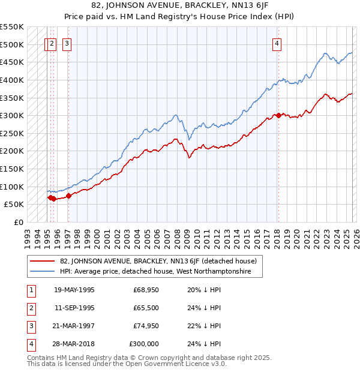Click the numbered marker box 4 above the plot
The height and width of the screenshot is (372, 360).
coord(277,43)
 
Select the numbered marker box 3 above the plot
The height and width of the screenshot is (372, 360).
coord(67,43)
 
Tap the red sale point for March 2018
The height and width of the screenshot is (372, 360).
coord(278,116)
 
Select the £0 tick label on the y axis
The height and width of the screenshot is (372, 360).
coord(18,222)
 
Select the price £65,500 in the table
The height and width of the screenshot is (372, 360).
coord(146,308)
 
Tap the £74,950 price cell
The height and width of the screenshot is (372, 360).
coord(146,326)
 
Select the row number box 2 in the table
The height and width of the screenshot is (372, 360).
coord(30,308)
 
